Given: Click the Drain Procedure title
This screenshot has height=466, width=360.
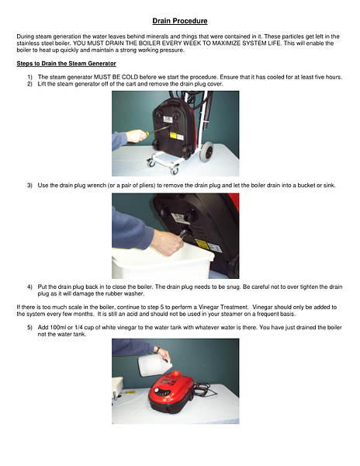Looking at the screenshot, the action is [x=180, y=21].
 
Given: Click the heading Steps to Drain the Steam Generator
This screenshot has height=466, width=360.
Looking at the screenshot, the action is [x=66, y=64].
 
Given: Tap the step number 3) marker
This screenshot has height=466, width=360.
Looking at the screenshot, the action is [x=29, y=186].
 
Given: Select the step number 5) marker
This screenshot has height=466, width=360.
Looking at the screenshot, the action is [x=29, y=328].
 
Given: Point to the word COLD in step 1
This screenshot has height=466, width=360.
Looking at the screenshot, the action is [x=130, y=77].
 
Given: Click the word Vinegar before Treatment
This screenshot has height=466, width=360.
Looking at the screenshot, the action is [x=208, y=308].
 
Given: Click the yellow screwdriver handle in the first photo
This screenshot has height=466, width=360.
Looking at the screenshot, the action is [x=147, y=134].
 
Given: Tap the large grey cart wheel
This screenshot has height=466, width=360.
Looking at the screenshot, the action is [x=207, y=151].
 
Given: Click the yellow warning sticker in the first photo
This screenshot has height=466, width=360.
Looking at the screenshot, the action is [x=173, y=135].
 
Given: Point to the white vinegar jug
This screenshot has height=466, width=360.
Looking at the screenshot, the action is [x=155, y=365].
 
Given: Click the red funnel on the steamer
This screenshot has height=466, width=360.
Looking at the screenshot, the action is [x=176, y=373].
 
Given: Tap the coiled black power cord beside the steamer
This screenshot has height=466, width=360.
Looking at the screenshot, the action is [x=204, y=390].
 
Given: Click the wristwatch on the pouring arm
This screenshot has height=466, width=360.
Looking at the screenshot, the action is [x=158, y=349].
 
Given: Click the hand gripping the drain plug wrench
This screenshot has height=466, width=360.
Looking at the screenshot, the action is [x=168, y=242].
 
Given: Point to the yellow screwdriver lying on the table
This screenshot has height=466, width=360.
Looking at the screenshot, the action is [x=127, y=392].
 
